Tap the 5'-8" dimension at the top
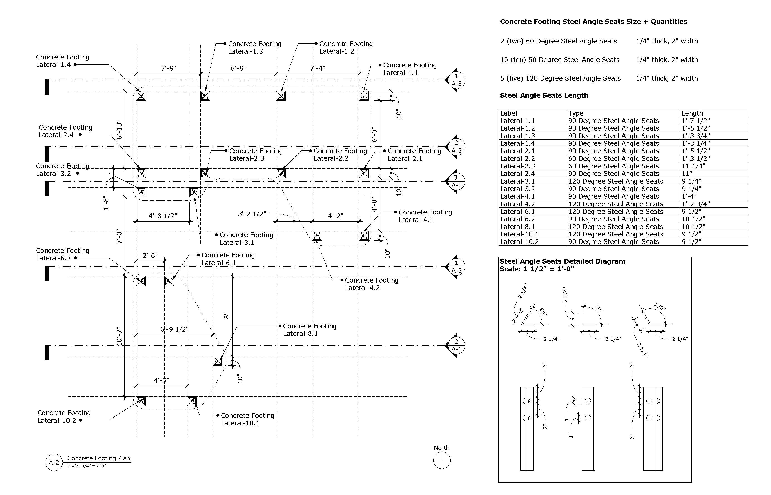click(168, 68)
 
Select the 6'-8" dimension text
click(238, 68)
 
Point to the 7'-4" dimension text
click(317, 68)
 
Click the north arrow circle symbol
click(442, 460)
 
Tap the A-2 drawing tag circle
click(54, 463)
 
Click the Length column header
click(692, 113)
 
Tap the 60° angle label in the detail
click(543, 311)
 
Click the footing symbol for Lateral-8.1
click(218, 361)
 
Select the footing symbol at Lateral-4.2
click(317, 236)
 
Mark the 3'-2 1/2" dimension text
click(252, 214)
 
